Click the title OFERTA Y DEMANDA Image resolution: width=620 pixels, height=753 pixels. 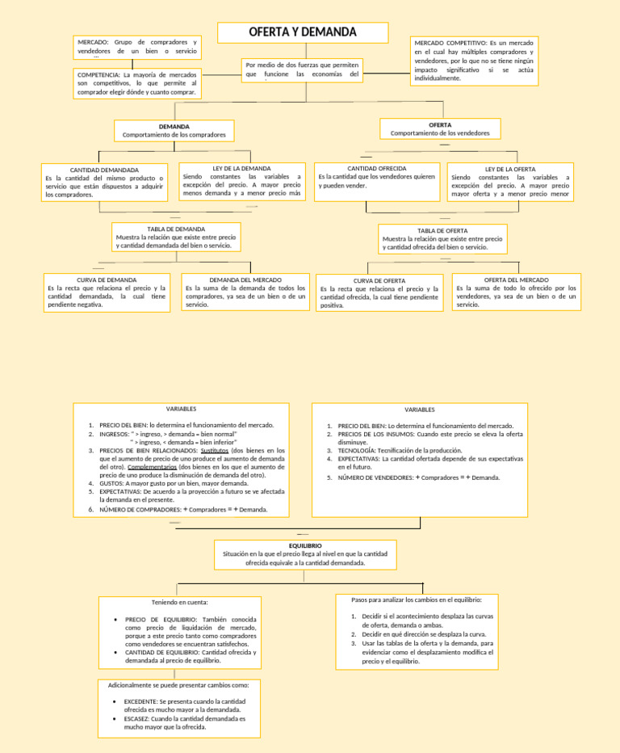pyautogui.click(x=302, y=32)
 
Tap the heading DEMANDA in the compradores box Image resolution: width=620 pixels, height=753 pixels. pyautogui.click(x=174, y=127)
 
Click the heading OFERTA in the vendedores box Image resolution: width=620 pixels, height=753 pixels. pyautogui.click(x=440, y=125)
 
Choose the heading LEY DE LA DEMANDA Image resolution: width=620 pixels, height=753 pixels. pyautogui.click(x=241, y=169)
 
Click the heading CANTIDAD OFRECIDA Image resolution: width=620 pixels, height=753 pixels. pyautogui.click(x=376, y=168)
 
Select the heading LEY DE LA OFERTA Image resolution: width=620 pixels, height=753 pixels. pyautogui.click(x=509, y=170)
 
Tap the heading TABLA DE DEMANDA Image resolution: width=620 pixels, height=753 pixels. pyautogui.click(x=176, y=229)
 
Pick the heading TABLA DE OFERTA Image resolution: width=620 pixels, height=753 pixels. pyautogui.click(x=442, y=231)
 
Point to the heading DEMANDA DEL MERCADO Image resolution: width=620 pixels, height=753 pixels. pyautogui.click(x=245, y=280)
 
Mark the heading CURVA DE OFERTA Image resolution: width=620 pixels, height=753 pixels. pyautogui.click(x=379, y=280)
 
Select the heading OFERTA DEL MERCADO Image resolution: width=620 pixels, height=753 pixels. pyautogui.click(x=516, y=280)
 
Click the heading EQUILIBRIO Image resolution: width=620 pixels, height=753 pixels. pyautogui.click(x=304, y=546)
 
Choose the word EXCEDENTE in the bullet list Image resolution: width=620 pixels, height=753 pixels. pyautogui.click(x=141, y=701)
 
